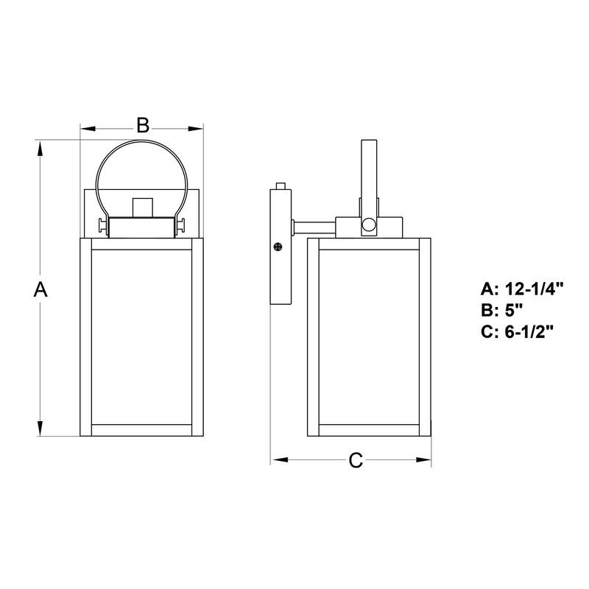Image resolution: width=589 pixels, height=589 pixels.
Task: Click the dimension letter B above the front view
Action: click(x=144, y=125)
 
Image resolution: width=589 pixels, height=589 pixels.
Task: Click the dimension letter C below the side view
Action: click(x=356, y=461)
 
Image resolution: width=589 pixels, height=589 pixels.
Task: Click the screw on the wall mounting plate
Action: click(x=278, y=247)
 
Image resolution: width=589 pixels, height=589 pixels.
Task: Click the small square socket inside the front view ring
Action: click(x=142, y=208)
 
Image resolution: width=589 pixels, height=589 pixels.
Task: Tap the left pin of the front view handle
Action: click(x=102, y=225)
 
